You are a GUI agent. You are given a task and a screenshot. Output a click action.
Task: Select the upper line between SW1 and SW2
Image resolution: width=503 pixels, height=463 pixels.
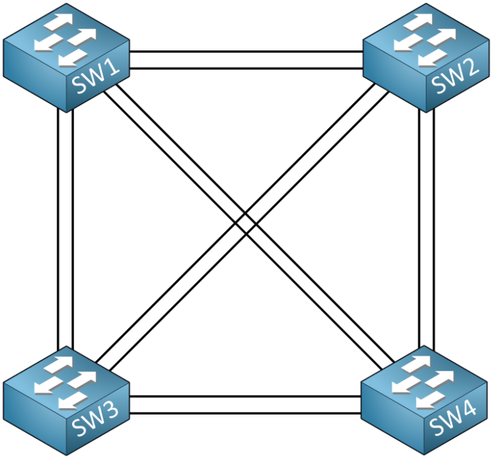(x=246, y=51)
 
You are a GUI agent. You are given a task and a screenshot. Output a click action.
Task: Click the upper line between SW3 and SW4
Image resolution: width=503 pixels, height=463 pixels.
(x=246, y=396)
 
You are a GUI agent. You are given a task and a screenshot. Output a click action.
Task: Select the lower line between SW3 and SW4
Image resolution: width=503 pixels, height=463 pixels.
(x=246, y=413)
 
